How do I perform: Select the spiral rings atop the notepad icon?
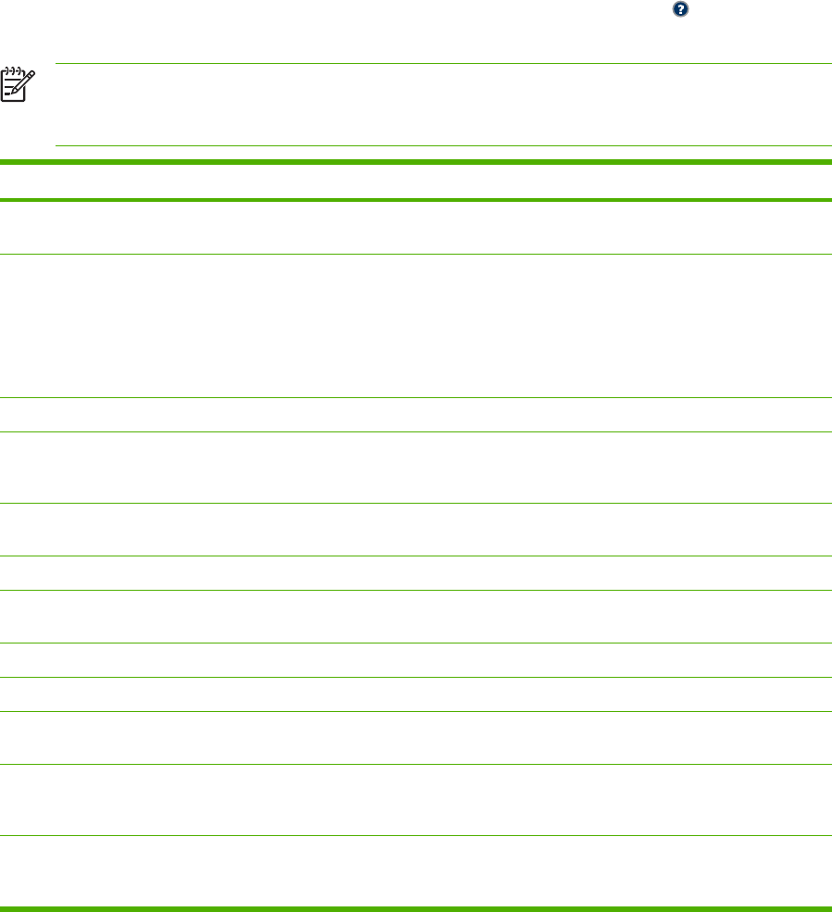[12, 68]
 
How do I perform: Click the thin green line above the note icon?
[442, 64]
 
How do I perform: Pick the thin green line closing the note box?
[442, 145]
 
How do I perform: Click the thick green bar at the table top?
[416, 163]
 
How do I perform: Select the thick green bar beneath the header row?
[416, 199]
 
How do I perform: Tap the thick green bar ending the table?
[416, 908]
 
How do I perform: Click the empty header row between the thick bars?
[416, 181]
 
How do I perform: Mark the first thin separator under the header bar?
[416, 254]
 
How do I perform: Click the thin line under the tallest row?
[416, 398]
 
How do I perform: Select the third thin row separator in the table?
[416, 431]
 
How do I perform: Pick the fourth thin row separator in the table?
[416, 503]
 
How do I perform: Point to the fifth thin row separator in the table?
[416, 556]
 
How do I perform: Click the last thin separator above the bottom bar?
[416, 836]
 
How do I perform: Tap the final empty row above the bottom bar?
[416, 870]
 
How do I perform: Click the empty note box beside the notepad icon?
[442, 105]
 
